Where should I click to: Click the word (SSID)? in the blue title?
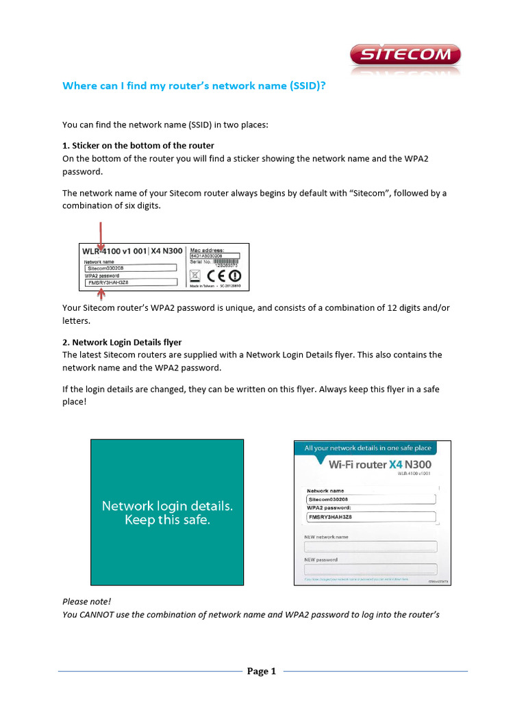297,86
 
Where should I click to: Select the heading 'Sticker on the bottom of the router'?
144,145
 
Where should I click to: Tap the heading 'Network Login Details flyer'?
127,342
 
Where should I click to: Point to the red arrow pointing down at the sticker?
101,236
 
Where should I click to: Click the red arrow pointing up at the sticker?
102,294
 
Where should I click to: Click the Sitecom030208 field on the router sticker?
130,268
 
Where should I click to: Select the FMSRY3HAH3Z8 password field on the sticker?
130,281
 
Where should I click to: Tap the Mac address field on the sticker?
216,256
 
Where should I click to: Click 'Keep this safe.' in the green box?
167,520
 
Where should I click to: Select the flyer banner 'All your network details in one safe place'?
373,448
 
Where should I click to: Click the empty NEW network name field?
371,546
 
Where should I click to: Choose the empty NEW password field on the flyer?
371,569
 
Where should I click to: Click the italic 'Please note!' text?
86,601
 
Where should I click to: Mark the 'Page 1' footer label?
261,672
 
